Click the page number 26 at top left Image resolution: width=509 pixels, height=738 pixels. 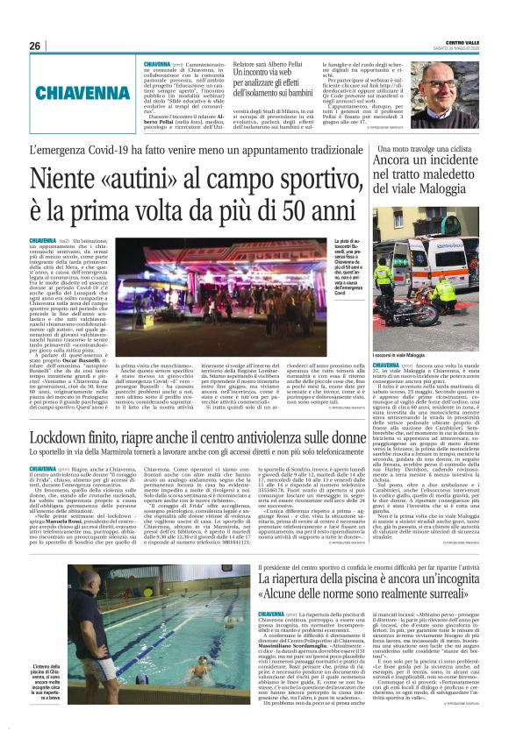pos(35,46)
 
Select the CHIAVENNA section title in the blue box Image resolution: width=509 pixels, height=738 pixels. pos(82,91)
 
